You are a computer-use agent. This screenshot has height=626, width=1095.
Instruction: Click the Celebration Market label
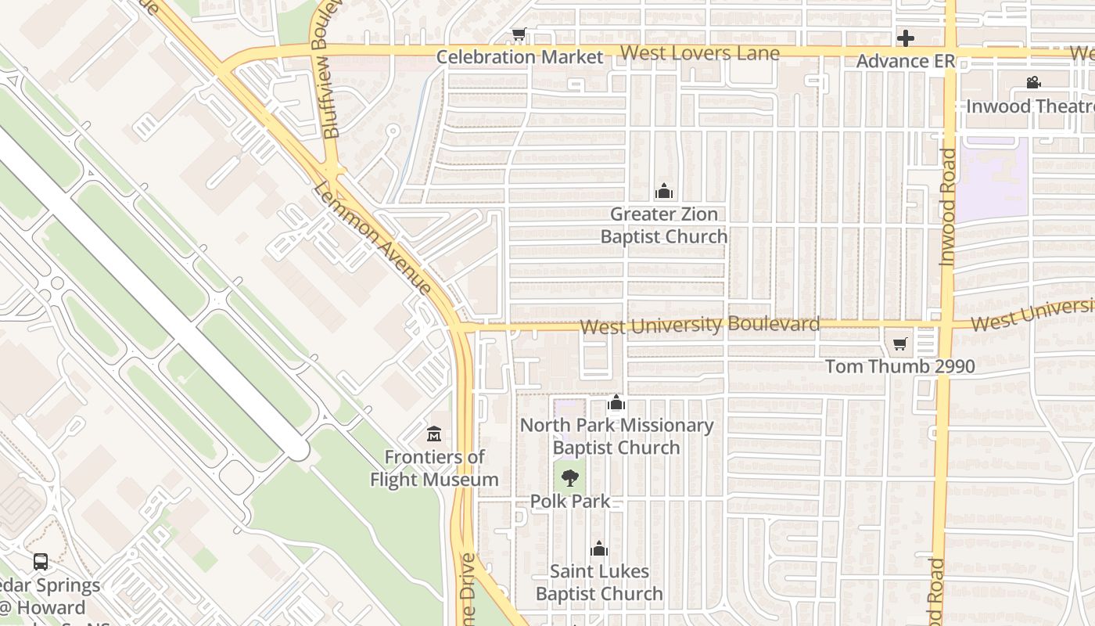coord(519,57)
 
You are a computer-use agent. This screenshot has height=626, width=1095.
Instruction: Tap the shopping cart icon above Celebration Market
coord(519,34)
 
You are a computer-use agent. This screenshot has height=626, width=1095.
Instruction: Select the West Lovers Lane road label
coord(700,53)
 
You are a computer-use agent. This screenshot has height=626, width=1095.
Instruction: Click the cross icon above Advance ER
coord(906,38)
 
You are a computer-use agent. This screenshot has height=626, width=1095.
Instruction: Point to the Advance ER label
coord(905,61)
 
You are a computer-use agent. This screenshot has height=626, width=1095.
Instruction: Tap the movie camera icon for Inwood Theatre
coord(1033,83)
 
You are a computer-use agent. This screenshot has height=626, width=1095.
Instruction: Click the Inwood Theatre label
coord(1030,106)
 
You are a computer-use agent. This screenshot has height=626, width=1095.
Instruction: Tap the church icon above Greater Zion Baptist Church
coord(664,191)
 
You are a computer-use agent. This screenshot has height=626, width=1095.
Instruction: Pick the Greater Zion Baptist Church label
coord(664,225)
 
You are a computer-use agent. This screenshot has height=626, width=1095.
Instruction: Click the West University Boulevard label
coord(700,326)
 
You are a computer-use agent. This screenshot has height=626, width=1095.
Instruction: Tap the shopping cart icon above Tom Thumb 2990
coord(900,344)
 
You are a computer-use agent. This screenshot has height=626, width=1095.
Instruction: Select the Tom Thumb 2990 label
coord(899,366)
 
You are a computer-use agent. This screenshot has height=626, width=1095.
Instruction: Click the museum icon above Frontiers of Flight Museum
coord(434,434)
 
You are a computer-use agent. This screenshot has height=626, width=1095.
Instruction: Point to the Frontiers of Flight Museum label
coord(434,468)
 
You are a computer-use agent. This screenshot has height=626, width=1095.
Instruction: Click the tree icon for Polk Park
coord(570,478)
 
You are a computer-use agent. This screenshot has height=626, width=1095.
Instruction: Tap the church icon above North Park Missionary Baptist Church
coord(616,403)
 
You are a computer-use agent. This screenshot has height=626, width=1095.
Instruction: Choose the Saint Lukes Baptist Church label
coord(599,583)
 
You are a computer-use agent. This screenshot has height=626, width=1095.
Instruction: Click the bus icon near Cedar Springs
coord(41,562)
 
